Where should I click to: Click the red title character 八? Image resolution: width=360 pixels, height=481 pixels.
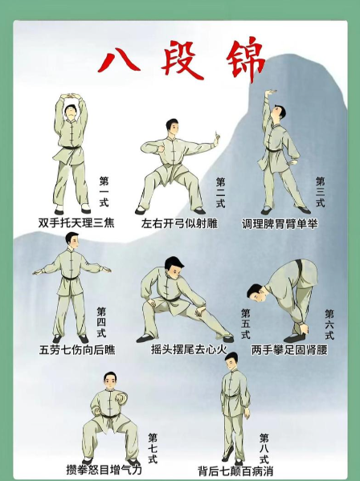tap(121, 61)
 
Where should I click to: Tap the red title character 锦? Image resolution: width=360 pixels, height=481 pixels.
tap(245, 59)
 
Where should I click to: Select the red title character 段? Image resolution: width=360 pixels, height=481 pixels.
tap(182, 59)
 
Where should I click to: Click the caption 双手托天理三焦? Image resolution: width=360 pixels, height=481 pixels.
tap(76, 222)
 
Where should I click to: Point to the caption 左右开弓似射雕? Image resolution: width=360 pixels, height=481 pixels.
tap(179, 223)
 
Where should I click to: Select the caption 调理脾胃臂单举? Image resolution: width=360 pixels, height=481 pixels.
tap(280, 223)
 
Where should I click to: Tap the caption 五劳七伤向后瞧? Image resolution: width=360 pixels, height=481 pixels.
tap(77, 349)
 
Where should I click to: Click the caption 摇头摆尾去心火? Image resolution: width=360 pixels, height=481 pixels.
tap(189, 349)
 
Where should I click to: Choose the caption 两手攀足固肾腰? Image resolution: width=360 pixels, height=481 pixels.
tap(289, 349)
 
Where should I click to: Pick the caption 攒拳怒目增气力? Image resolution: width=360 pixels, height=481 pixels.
tap(104, 469)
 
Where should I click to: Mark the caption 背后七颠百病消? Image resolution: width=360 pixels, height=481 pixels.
tap(235, 471)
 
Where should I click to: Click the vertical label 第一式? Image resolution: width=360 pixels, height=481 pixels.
tap(104, 191)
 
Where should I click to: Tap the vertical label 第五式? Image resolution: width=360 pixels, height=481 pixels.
tap(246, 324)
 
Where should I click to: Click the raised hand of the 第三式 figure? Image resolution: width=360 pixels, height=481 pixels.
tap(271, 92)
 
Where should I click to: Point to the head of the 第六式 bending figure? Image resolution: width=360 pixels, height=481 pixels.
tap(256, 292)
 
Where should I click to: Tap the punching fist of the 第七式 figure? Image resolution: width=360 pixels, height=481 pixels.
tap(121, 397)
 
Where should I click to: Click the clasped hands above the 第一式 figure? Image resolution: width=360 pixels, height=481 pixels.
tap(71, 96)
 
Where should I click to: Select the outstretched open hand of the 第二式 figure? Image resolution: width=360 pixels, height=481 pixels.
tap(217, 138)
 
